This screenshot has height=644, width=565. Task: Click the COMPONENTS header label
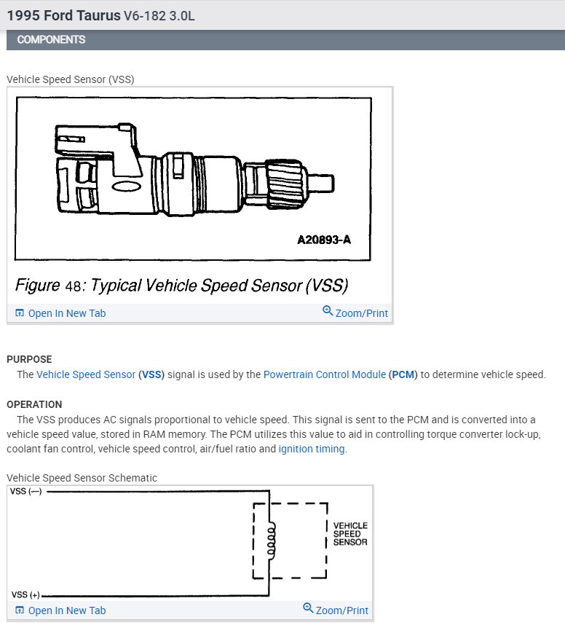[x=51, y=39]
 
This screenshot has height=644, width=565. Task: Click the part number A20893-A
[x=323, y=239]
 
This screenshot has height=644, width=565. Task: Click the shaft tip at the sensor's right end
[x=325, y=180]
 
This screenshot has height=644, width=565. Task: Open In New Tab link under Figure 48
[x=60, y=313]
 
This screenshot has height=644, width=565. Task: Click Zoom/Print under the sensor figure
[x=355, y=313]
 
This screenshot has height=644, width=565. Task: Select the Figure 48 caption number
[x=74, y=285]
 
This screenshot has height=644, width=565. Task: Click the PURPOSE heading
[x=29, y=359]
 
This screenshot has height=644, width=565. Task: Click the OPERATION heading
[x=34, y=404]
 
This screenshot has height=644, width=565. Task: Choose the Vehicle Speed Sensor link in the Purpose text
[x=86, y=374]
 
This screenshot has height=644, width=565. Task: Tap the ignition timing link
[x=312, y=449]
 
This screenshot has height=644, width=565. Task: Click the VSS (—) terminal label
[x=25, y=492]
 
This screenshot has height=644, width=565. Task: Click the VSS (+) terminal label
[x=25, y=595]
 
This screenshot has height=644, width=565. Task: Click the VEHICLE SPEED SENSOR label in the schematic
[x=350, y=534]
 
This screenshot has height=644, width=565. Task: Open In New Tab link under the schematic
[x=60, y=610]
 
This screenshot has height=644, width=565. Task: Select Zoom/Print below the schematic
[x=336, y=610]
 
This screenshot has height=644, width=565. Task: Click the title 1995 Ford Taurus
[x=64, y=15]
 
